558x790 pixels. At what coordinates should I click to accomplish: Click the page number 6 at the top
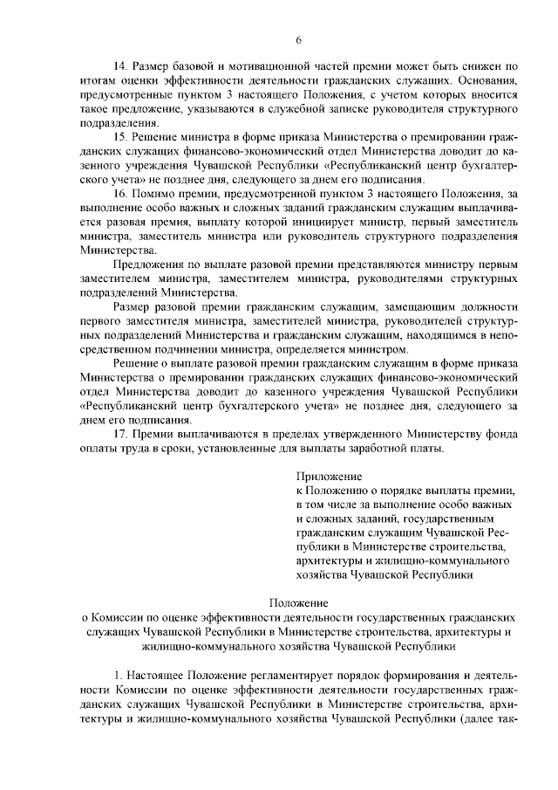click(x=298, y=40)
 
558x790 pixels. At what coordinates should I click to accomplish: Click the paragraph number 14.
click(x=121, y=66)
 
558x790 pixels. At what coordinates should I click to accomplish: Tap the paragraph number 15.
click(x=121, y=137)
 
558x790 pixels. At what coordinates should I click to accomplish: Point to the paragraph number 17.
click(x=121, y=435)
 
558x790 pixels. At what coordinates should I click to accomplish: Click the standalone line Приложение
click(x=329, y=477)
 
